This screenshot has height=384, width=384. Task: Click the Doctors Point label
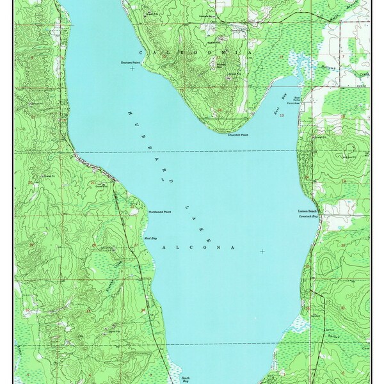point(131,62)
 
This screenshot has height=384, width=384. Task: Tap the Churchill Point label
point(237,135)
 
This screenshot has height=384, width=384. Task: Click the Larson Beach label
point(308,211)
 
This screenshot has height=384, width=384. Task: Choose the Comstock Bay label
point(308,217)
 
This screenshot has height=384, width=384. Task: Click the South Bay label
point(185,380)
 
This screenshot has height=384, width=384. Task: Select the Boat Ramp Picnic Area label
point(297,100)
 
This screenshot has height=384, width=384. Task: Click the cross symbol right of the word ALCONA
point(262,252)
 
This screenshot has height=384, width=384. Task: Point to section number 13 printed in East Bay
point(281,115)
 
